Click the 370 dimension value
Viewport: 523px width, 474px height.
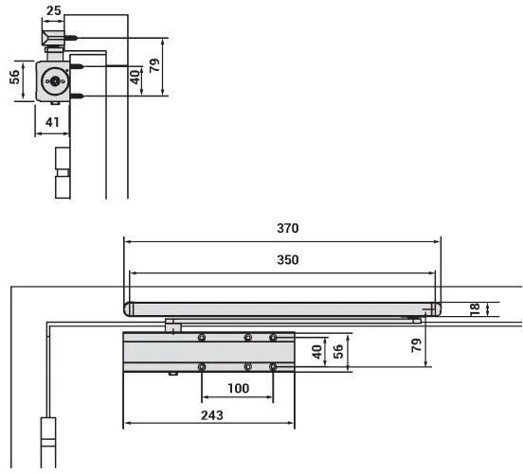point(287,228)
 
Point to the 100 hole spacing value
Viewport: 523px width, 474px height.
point(238,389)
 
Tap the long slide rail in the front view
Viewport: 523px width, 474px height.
point(284,307)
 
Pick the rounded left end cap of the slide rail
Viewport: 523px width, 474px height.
point(130,307)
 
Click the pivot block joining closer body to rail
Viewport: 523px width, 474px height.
point(173,325)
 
